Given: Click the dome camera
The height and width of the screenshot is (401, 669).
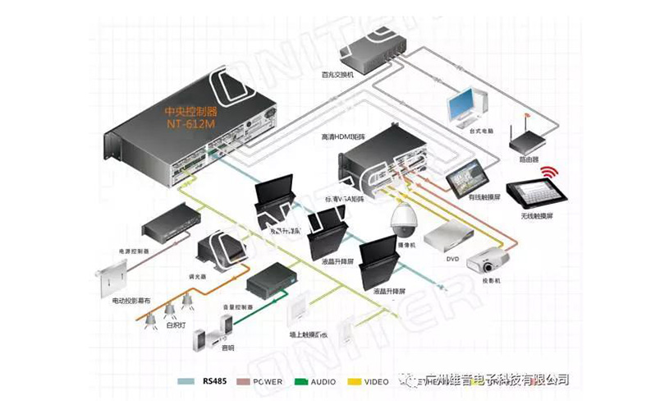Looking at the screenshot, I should click(x=404, y=220).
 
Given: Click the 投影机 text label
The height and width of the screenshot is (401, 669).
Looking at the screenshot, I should click(x=492, y=281).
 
